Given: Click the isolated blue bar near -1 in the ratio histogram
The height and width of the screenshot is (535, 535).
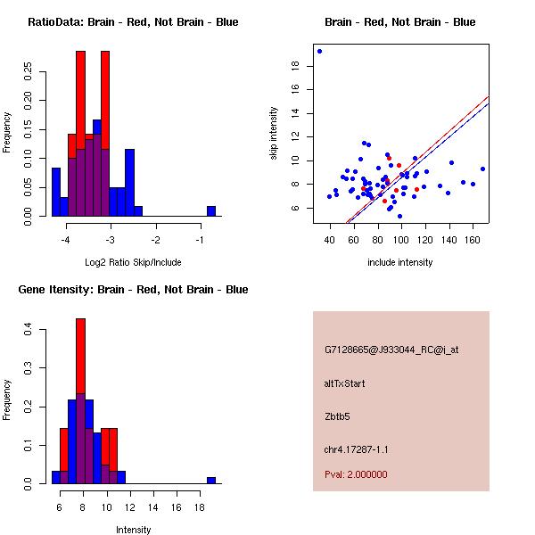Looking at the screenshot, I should [211, 210].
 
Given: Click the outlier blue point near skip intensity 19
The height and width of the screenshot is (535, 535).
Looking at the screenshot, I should [319, 51].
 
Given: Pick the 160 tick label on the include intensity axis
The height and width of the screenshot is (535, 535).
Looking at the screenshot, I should [473, 241].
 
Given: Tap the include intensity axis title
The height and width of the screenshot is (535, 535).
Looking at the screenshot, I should [400, 263].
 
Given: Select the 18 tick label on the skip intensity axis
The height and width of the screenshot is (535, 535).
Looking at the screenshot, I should [294, 65].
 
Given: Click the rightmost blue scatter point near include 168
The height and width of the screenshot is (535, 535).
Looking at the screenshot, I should [482, 169].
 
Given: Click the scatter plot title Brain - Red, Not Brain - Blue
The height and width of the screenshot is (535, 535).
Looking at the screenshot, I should [400, 22].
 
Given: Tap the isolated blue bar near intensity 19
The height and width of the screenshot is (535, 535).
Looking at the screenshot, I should [211, 480].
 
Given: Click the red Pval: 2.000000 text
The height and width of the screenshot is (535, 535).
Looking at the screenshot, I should [356, 474].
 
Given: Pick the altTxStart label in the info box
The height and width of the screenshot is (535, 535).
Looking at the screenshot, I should [345, 384].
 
